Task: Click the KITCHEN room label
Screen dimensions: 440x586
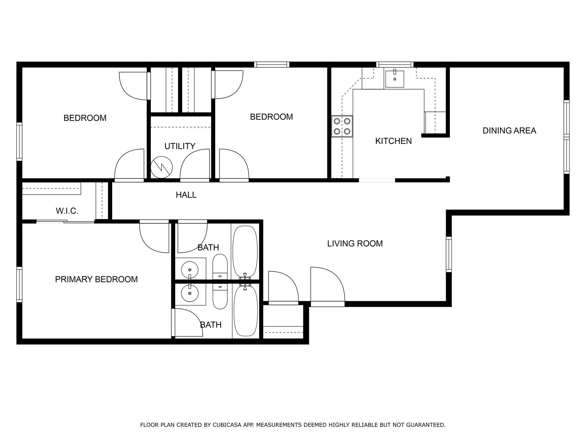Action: coord(393,141)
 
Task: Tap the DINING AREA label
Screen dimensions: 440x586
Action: coord(509,131)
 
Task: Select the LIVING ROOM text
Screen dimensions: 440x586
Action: coord(355,244)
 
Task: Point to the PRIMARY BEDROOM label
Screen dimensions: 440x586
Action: coord(96,279)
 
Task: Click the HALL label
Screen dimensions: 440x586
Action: coord(186,195)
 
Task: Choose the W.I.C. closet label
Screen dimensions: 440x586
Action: coord(67,211)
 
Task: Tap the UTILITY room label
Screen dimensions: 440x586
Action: coord(180,146)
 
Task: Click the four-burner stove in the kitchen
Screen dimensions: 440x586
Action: coord(342,126)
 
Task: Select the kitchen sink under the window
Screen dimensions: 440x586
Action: coord(394,79)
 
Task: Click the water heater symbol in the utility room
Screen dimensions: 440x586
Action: coord(161,167)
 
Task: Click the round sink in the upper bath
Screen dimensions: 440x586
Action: coord(190,270)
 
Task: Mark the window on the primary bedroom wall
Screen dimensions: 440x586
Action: coord(20,284)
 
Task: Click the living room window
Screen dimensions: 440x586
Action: coord(449,254)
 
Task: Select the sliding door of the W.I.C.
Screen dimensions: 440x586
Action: coord(65,222)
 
